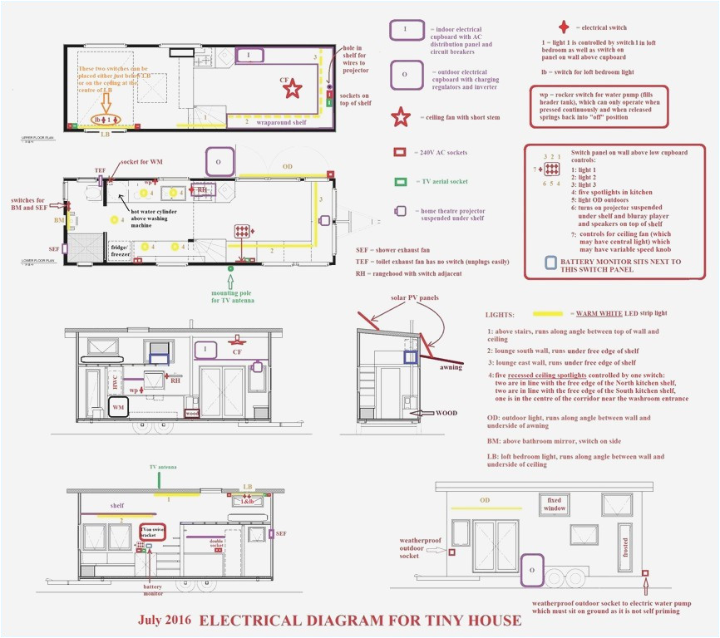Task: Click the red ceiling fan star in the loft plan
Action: point(292,89)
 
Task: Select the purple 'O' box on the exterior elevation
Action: point(531,571)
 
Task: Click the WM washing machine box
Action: point(119,407)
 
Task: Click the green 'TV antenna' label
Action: point(163,469)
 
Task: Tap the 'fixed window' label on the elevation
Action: point(555,503)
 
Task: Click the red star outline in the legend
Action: point(401,117)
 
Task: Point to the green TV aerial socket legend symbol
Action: point(400,181)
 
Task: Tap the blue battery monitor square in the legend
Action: point(550,263)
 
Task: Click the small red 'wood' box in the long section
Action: point(191,412)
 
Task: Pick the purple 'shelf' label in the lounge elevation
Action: point(116,505)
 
